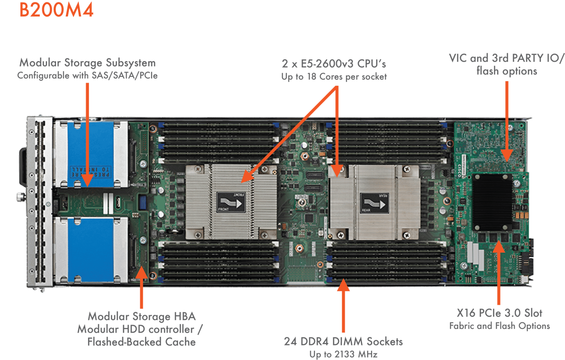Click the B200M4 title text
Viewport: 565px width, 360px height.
56,10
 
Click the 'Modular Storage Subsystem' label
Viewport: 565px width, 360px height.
88,63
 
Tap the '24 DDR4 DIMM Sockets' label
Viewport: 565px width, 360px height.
344,341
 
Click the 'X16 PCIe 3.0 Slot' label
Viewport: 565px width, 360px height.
499,313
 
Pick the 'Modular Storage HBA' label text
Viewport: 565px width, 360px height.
141,316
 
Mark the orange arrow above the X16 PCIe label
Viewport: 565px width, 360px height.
499,273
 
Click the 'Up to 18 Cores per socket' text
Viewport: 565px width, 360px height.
334,76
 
